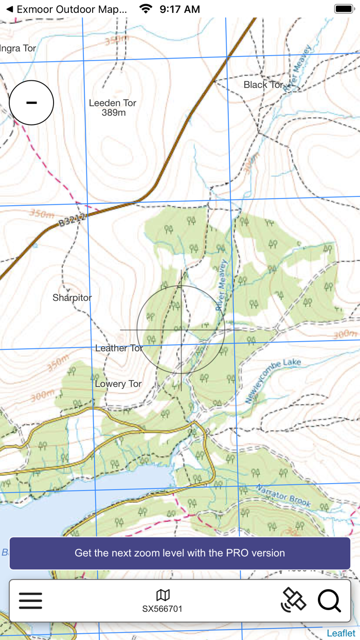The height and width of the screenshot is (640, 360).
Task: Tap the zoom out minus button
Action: click(x=31, y=102)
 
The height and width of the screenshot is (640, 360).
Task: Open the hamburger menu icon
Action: click(x=31, y=600)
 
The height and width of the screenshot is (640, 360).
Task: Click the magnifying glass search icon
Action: click(x=329, y=600)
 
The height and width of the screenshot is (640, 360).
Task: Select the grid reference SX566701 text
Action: click(x=163, y=609)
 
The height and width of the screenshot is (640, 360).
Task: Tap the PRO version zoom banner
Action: click(x=180, y=553)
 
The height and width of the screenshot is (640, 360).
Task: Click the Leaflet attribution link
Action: click(x=341, y=633)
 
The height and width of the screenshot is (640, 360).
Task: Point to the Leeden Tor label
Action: click(x=113, y=103)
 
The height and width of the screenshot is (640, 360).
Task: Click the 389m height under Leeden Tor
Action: click(x=114, y=113)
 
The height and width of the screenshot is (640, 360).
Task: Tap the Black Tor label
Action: click(x=263, y=85)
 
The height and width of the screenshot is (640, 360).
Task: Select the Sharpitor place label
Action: click(x=72, y=298)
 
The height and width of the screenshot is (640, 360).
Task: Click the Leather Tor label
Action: click(x=119, y=348)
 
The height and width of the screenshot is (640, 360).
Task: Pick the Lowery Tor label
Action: click(x=118, y=384)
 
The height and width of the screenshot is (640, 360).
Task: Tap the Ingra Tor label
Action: click(x=18, y=48)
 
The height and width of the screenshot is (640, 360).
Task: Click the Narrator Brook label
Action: click(x=283, y=496)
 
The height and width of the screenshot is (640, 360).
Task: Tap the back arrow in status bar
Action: click(x=9, y=9)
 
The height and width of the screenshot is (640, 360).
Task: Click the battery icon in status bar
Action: click(x=344, y=9)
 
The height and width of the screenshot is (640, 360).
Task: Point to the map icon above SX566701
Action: click(x=163, y=595)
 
